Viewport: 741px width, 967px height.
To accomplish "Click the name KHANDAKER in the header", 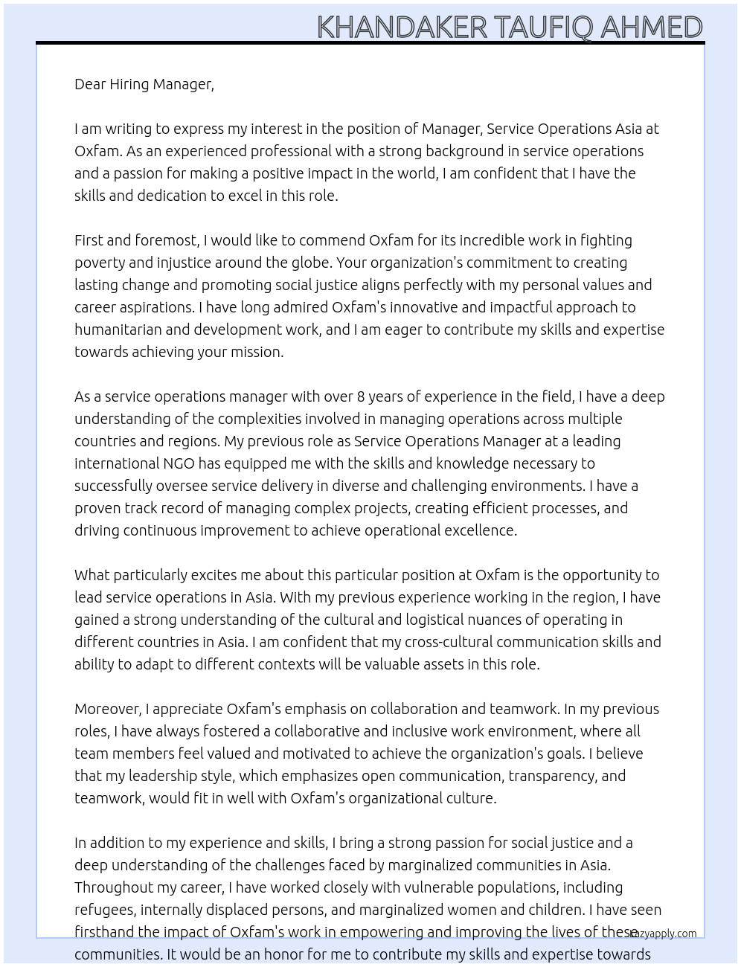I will pyautogui.click(x=402, y=28).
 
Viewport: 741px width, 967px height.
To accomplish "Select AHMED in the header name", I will pyautogui.click(x=651, y=28).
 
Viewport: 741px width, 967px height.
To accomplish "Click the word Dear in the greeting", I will pyautogui.click(x=90, y=84).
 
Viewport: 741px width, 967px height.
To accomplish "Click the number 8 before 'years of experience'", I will pyautogui.click(x=361, y=396).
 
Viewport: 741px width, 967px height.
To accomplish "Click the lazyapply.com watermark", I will pyautogui.click(x=663, y=934).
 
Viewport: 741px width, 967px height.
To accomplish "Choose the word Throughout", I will pyautogui.click(x=112, y=887).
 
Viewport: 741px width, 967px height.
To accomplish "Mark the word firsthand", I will pyautogui.click(x=104, y=932).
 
